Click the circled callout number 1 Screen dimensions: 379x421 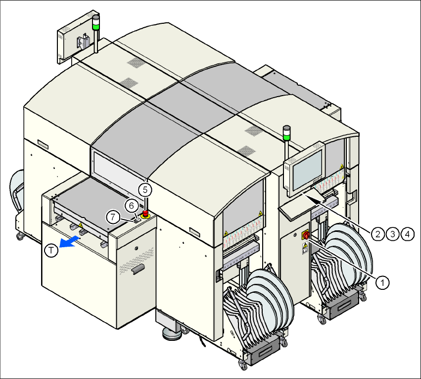[381, 282]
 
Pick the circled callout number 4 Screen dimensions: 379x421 [407, 233]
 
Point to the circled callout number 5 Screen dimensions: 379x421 [143, 189]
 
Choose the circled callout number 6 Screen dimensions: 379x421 [131, 204]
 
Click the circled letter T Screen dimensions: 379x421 [52, 251]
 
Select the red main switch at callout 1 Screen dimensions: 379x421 [306, 235]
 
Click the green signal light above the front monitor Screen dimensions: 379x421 [286, 133]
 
